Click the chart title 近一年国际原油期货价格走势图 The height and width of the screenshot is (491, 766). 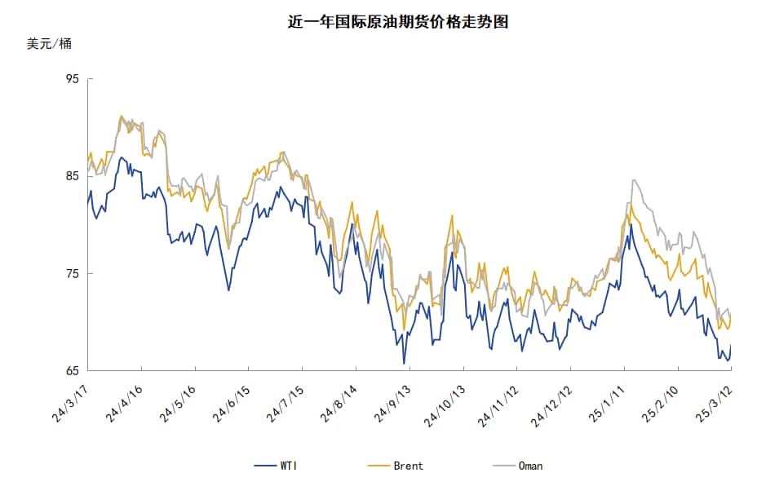coord(398,22)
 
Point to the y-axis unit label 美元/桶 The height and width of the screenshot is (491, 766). coord(49,44)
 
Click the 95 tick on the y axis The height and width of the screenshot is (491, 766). coord(72,79)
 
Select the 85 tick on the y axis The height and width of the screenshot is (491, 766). coord(72,176)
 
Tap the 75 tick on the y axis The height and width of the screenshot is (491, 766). coord(72,274)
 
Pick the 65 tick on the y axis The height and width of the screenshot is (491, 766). coord(72,371)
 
